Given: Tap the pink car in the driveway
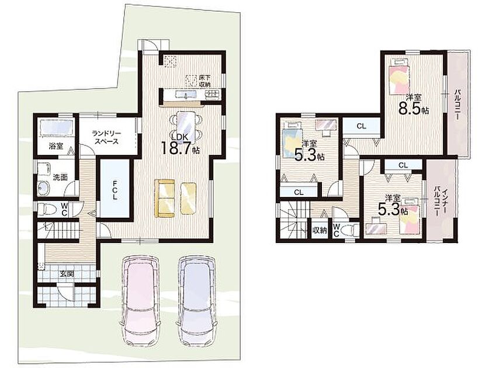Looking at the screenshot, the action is pos(141,300).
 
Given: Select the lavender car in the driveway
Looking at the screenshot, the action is pos(196,300).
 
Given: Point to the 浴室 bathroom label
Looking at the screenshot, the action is pos(56,145).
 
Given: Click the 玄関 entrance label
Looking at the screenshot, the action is pos(67,274).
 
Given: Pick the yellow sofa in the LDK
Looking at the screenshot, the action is pos(165,198).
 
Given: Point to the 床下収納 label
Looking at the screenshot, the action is pos(204,81).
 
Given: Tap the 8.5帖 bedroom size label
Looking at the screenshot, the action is pos(413,110).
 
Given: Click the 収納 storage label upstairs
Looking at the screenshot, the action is pos(320,231).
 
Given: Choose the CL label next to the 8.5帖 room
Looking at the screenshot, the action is pos(361,126).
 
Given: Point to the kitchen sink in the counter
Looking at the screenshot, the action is pos(186,95).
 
